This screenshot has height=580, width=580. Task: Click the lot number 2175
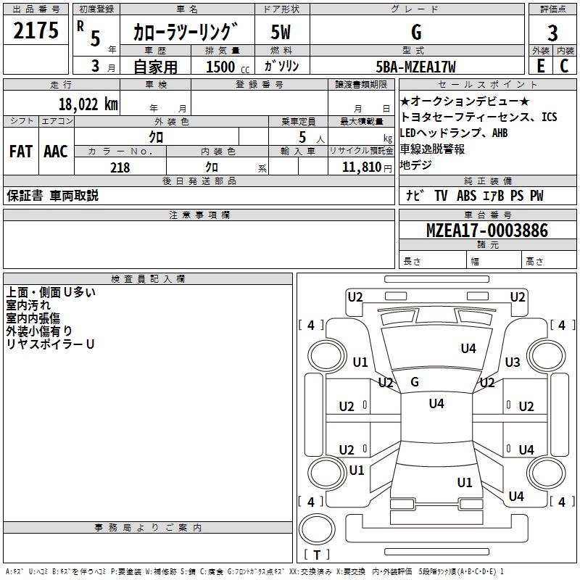point(36,30)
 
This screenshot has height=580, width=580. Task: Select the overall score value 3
point(552,33)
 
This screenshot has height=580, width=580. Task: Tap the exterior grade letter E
point(540,66)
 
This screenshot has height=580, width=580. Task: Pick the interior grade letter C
point(564,66)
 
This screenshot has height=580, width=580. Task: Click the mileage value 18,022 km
point(88,104)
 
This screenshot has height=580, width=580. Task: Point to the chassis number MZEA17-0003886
point(487,231)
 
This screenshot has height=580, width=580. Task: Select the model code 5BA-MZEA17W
point(415,67)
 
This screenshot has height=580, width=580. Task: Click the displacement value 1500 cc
point(228,67)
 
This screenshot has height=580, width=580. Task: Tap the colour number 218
point(120,167)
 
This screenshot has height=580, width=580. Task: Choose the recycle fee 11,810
point(362,167)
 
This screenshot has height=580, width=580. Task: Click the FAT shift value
point(21,152)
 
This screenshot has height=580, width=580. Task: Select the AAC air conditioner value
point(56,152)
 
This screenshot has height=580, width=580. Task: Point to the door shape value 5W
point(281,32)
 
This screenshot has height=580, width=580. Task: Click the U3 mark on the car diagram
point(513,362)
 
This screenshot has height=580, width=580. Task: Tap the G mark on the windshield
point(415,382)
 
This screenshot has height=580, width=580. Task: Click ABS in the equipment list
point(466,196)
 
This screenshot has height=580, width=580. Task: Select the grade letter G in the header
point(416,32)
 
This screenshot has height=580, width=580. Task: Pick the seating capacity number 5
point(302,137)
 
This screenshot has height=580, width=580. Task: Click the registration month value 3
point(96,66)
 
